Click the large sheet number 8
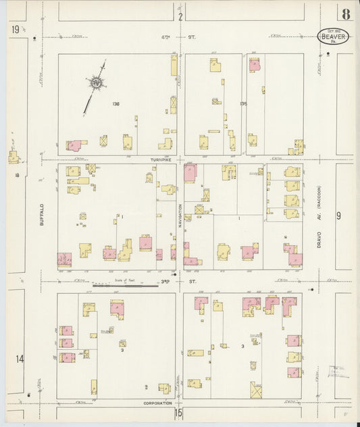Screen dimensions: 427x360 pyautogui.click(x=346, y=14)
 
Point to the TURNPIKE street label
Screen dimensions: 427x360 pyautogui.click(x=162, y=159)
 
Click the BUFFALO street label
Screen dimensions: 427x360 pyautogui.click(x=41, y=214)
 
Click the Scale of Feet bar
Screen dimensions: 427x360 pyautogui.click(x=125, y=285)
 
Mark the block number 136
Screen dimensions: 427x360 pyautogui.click(x=116, y=103)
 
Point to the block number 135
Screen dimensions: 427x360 pyautogui.click(x=243, y=103)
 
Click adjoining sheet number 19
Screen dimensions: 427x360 pyautogui.click(x=15, y=30)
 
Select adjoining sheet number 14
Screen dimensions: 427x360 pyautogui.click(x=20, y=358)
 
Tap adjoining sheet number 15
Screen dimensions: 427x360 pyautogui.click(x=179, y=412)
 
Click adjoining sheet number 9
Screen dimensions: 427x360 pyautogui.click(x=339, y=216)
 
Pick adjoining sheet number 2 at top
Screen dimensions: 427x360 pyautogui.click(x=180, y=16)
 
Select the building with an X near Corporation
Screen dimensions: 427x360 pyautogui.click(x=256, y=390)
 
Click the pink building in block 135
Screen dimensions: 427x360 pyautogui.click(x=255, y=65)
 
